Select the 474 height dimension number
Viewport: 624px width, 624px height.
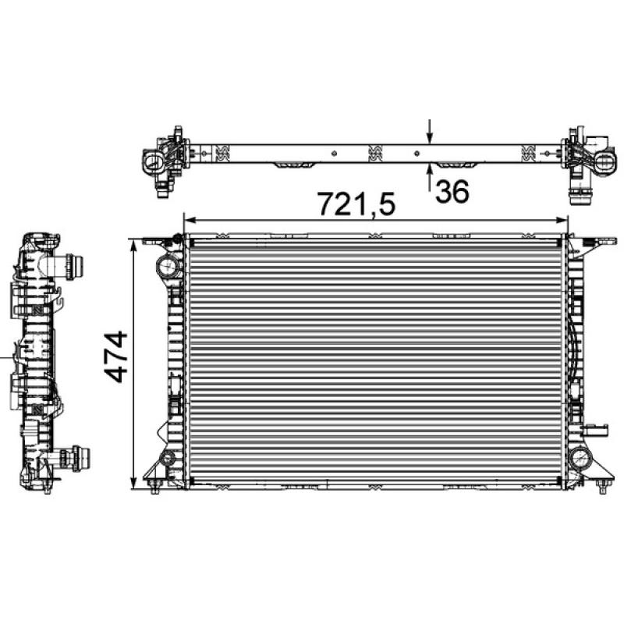pos(116,356)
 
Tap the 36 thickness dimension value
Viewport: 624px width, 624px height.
pos(452,191)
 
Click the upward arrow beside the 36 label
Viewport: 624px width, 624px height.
pos(428,178)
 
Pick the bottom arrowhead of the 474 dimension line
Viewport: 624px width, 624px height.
pos(137,484)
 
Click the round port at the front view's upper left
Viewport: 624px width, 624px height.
pos(167,266)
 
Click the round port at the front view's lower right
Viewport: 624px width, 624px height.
pos(580,458)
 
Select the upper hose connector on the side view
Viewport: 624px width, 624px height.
pos(76,267)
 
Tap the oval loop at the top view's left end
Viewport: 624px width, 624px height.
pos(154,161)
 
